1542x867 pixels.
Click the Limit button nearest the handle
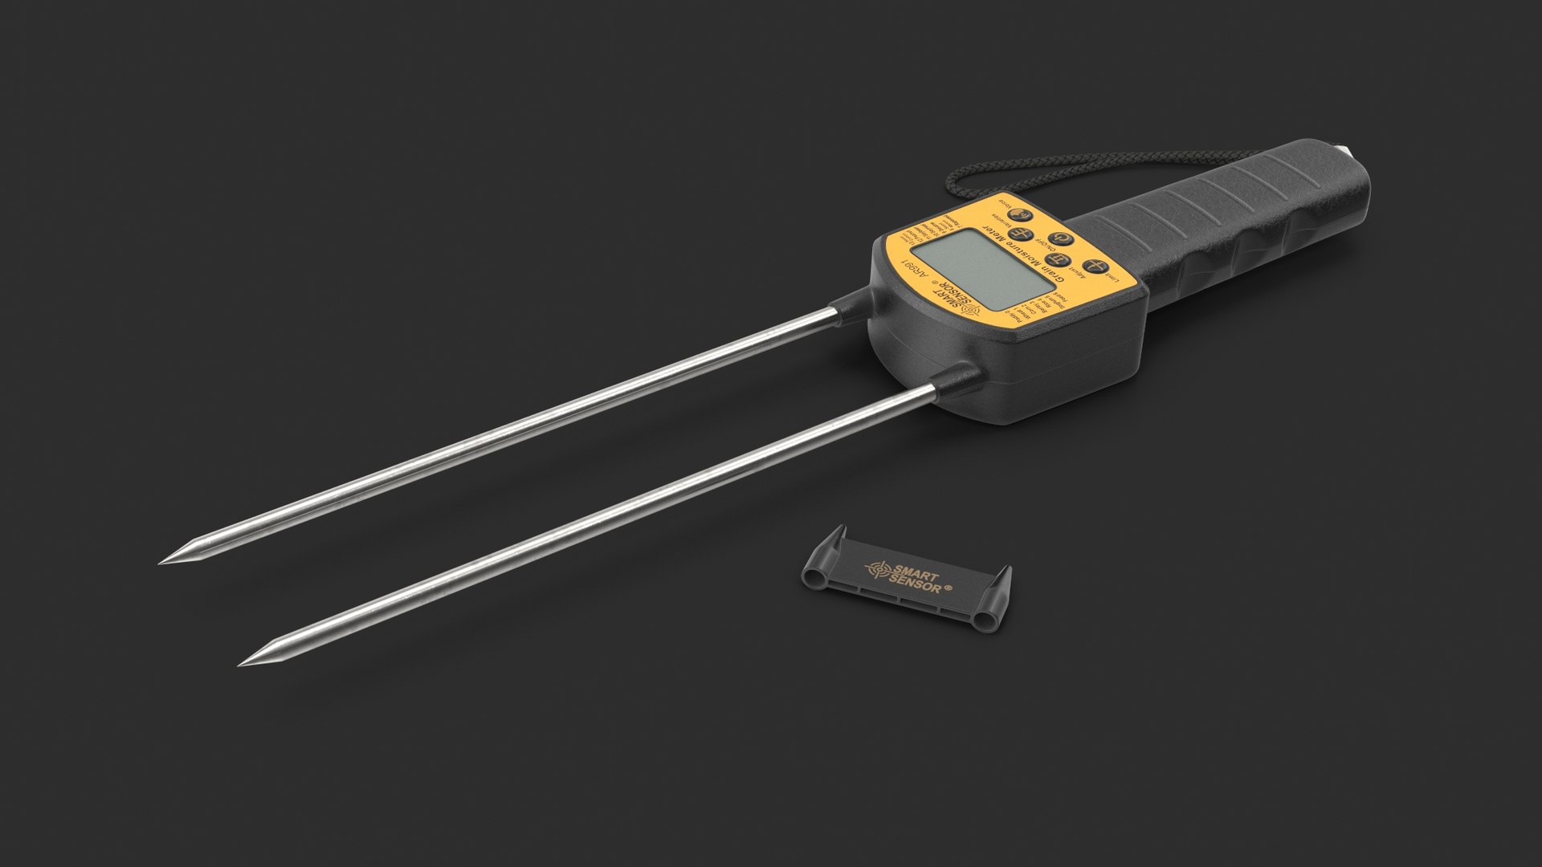[1095, 267]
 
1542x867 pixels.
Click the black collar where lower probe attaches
[957, 378]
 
